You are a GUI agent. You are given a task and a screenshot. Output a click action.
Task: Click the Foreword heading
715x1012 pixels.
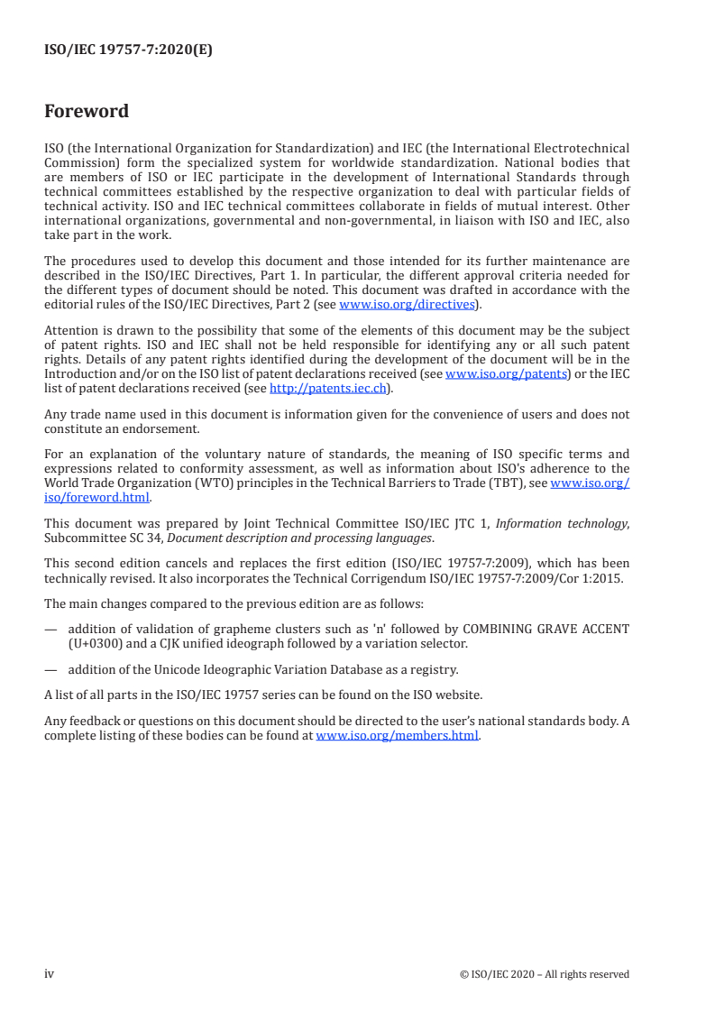coord(87,112)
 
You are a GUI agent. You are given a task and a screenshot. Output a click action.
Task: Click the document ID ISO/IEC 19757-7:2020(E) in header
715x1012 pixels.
coord(128,51)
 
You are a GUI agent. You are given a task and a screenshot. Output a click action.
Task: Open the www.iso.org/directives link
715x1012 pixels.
coord(407,305)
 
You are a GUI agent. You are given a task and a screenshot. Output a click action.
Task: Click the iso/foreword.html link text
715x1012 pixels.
coord(97,497)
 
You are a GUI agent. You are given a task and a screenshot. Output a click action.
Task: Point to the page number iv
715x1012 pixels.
coord(50,974)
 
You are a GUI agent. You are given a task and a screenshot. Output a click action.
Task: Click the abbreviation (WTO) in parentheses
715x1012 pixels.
coord(206,483)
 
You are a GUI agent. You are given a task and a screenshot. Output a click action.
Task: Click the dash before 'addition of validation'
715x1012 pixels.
coord(50,628)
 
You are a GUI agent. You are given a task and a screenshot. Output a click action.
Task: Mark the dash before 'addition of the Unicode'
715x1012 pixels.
coord(50,668)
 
